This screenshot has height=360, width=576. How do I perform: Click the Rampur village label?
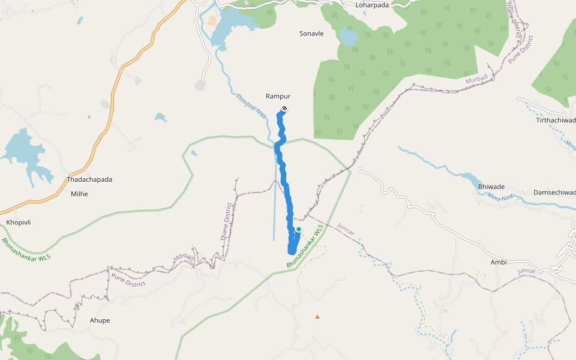[278, 96]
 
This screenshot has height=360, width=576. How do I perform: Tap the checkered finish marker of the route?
[284, 109]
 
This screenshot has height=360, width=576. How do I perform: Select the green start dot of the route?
[298, 229]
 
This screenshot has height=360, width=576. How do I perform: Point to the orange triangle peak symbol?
[317, 316]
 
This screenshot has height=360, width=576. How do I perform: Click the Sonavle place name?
[311, 34]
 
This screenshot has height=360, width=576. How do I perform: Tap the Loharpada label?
[372, 5]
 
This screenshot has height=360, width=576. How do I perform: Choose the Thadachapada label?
[89, 179]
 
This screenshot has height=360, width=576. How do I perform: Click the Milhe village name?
[79, 194]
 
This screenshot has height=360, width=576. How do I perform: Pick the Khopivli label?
[19, 223]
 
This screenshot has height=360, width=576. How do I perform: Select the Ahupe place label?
[100, 320]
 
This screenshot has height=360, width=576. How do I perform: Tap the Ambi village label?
[499, 262]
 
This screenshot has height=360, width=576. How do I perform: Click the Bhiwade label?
[491, 187]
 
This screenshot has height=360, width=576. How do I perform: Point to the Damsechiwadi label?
[554, 193]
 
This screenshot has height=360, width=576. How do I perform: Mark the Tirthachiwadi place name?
[556, 121]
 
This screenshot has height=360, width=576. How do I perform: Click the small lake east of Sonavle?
[348, 37]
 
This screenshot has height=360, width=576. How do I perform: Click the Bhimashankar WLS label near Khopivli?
[26, 250]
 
